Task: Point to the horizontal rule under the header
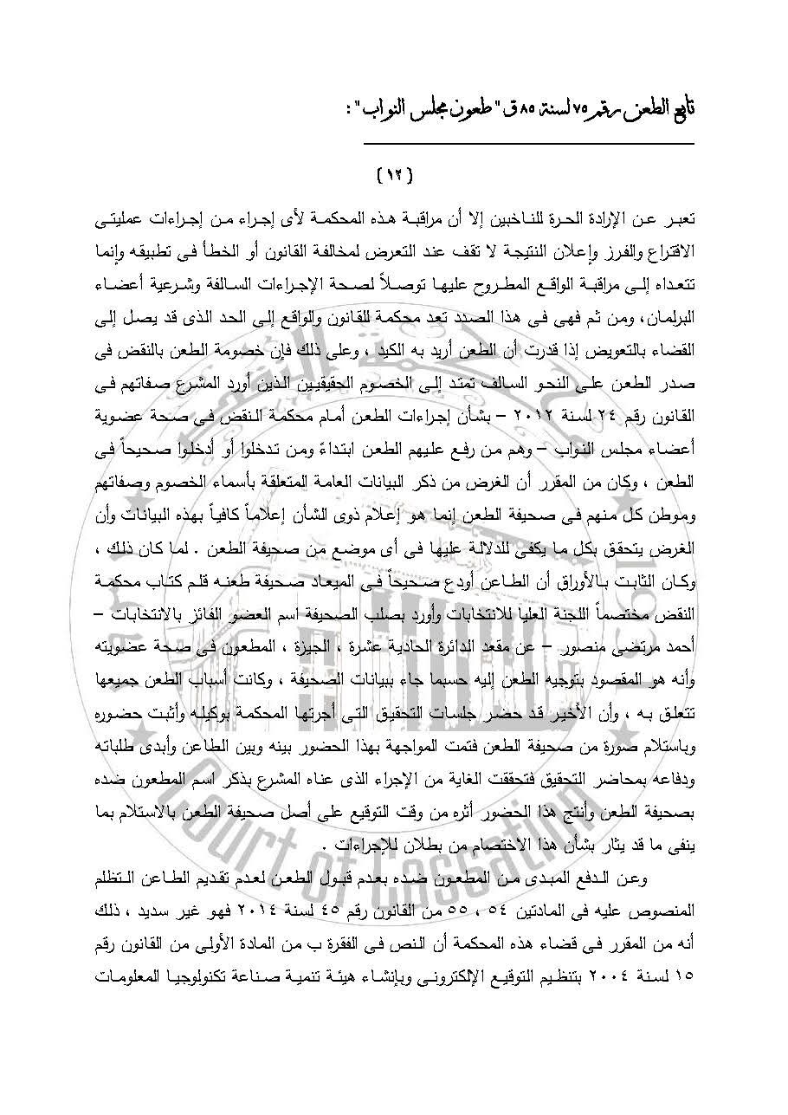[x=527, y=144]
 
